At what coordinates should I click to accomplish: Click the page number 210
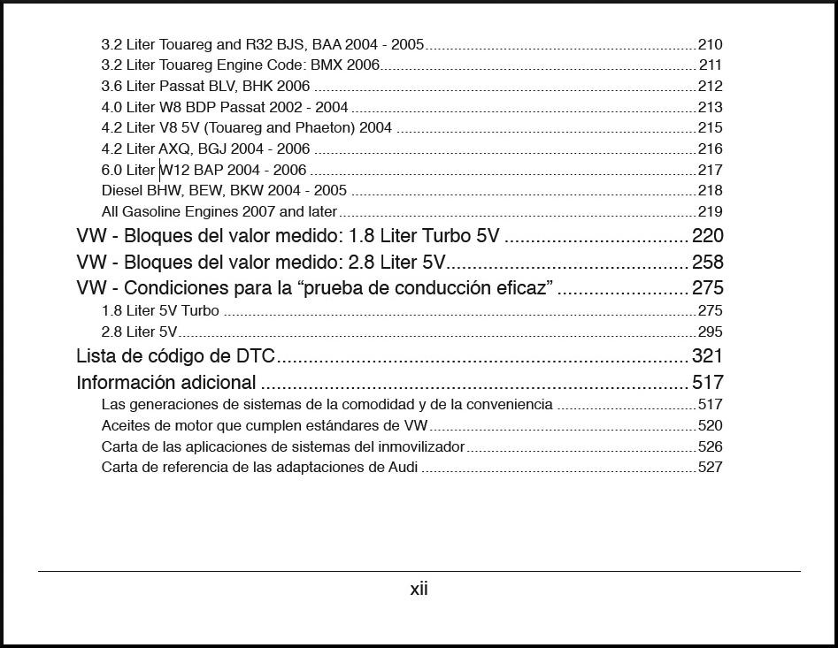point(710,44)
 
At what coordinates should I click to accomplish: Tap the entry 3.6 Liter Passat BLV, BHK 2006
point(205,87)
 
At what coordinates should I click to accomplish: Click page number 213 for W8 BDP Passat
point(710,108)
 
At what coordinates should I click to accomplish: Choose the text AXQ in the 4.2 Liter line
point(177,149)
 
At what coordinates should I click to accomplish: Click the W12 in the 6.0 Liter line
point(175,170)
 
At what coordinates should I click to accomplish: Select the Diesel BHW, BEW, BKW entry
point(224,191)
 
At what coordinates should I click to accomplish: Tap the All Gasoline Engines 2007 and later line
point(219,212)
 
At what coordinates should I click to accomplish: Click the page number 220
point(707,236)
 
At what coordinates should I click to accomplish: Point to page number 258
point(707,263)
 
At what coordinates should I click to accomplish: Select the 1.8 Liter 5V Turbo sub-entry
point(160,311)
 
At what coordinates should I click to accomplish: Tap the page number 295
point(710,332)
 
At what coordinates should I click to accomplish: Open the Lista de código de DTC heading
point(176,356)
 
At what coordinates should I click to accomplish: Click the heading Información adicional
point(166,383)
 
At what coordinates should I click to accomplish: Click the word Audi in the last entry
point(403,468)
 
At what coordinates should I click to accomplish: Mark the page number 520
point(710,426)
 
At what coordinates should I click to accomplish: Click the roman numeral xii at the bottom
point(419,589)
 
